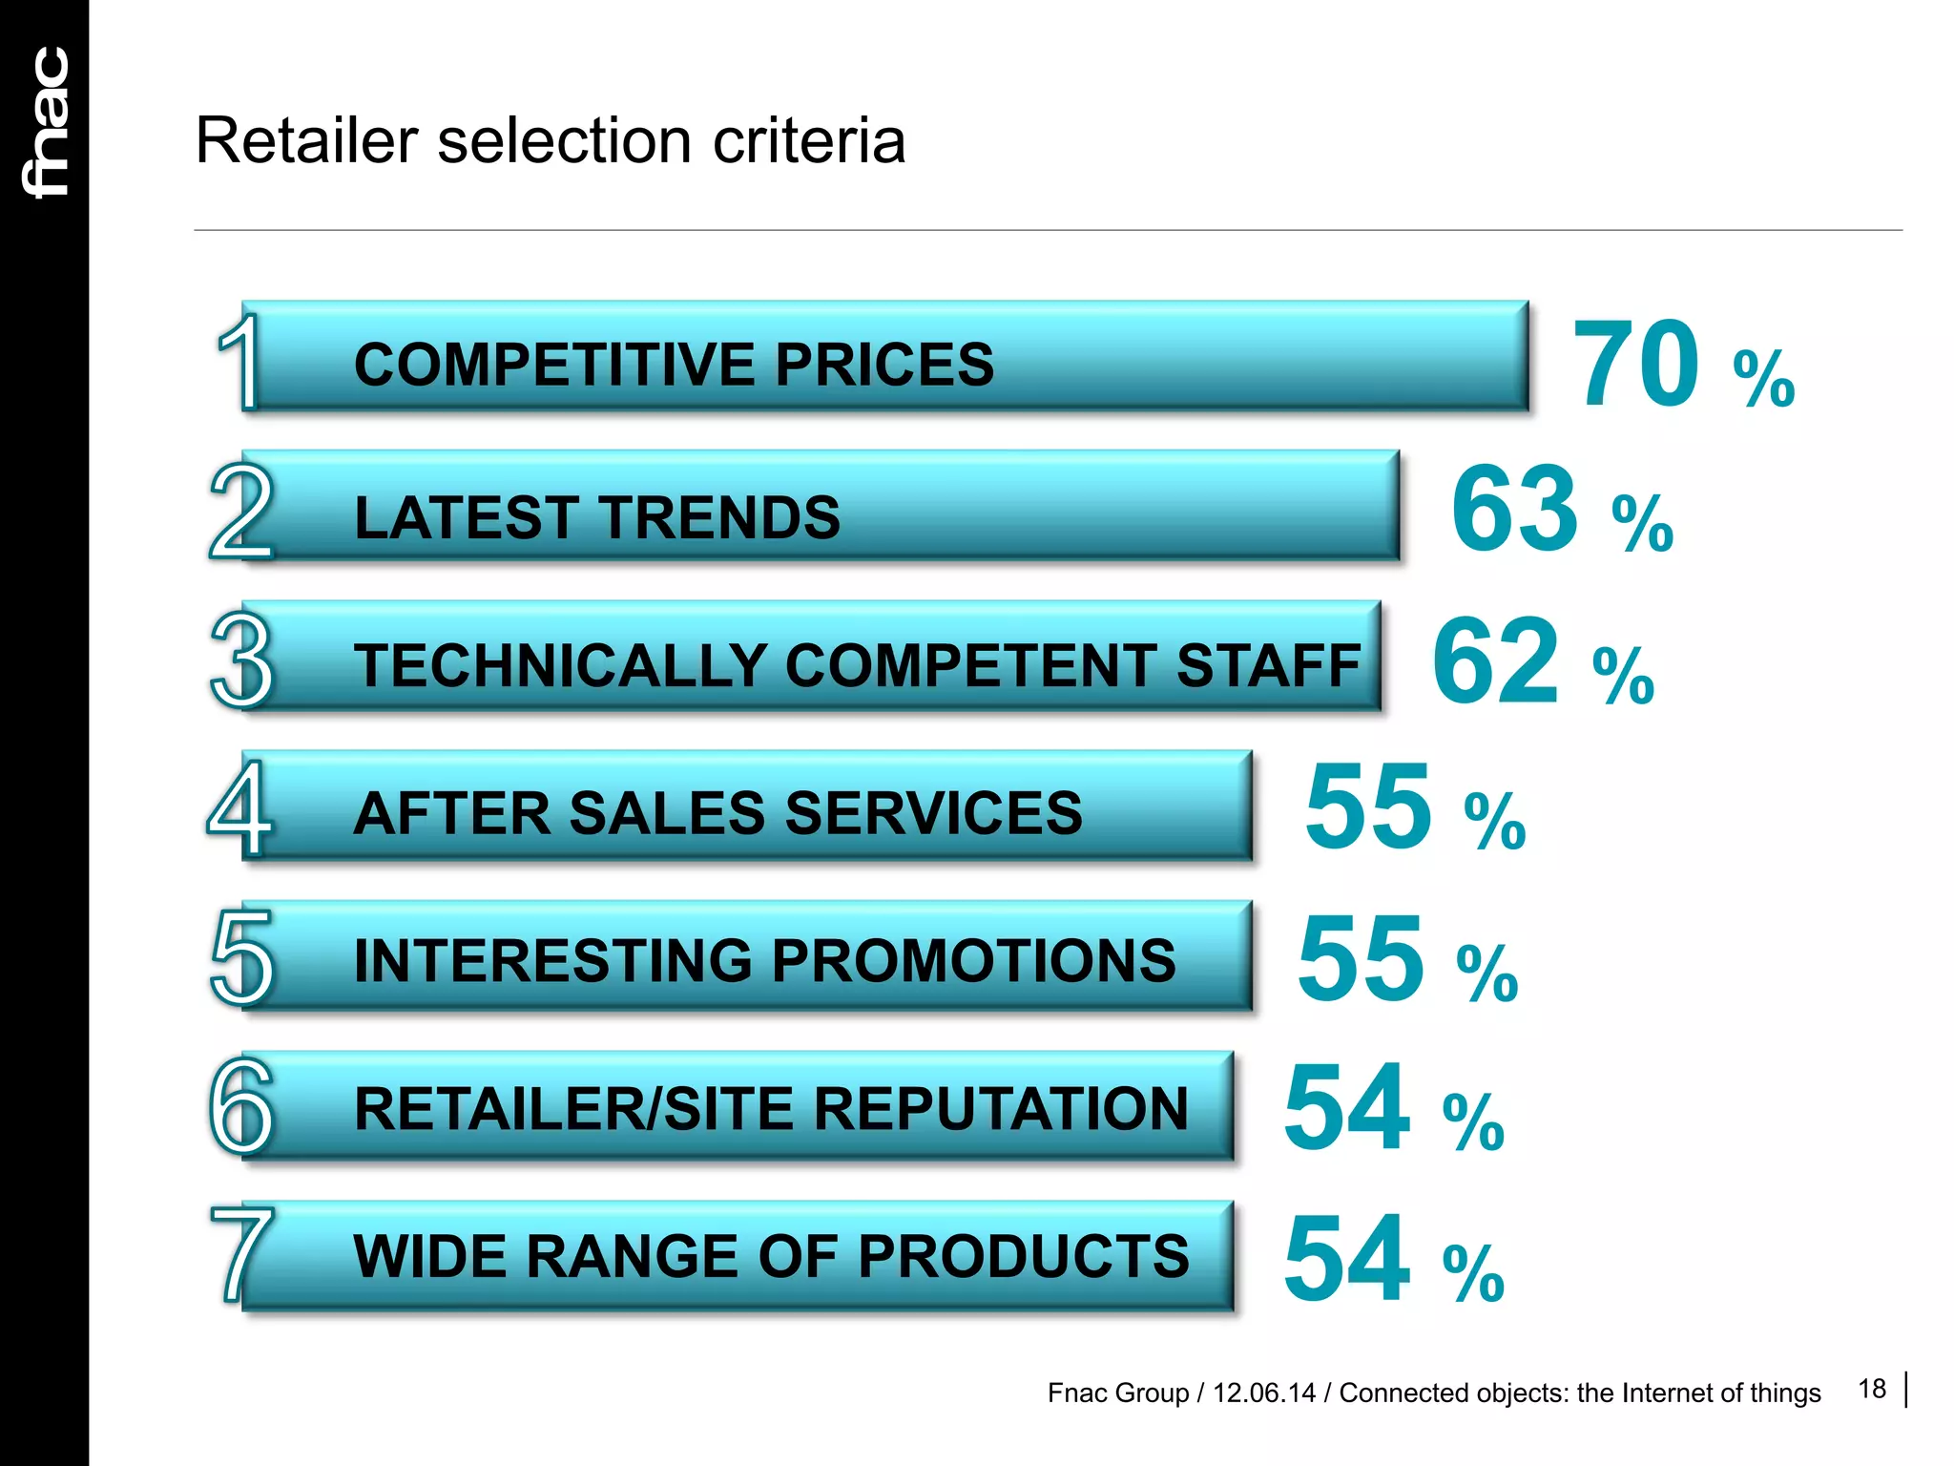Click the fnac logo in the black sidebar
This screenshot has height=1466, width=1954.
(46, 122)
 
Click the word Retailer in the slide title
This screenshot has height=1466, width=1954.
(306, 141)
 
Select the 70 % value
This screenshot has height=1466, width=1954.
(1682, 366)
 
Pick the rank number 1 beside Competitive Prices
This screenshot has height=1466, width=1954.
(238, 362)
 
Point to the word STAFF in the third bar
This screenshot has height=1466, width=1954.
(1268, 665)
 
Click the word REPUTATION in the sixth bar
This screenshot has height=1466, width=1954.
(1001, 1109)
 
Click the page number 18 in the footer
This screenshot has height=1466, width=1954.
(1872, 1389)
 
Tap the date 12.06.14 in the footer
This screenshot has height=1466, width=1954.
(1263, 1393)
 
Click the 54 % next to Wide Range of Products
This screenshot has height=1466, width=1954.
(1393, 1259)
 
